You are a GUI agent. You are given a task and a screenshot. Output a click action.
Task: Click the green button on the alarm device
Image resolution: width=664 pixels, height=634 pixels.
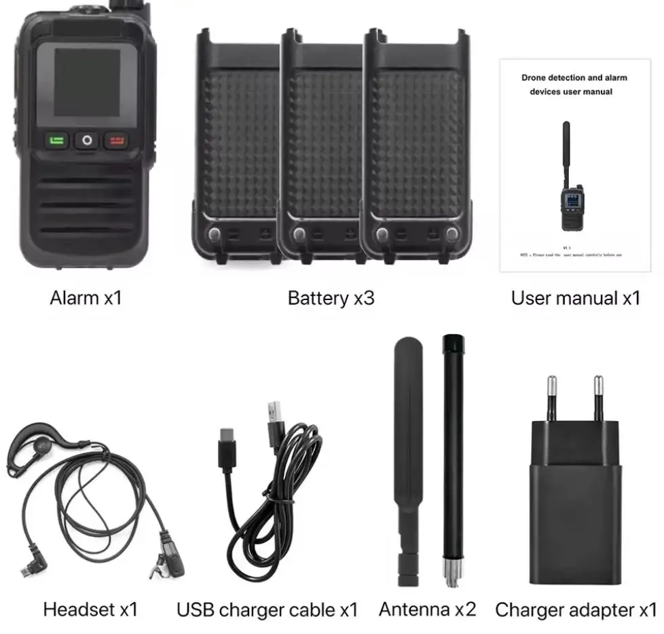pos(57,141)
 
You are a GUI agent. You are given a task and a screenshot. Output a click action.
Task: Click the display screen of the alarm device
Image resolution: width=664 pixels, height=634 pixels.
pos(86,82)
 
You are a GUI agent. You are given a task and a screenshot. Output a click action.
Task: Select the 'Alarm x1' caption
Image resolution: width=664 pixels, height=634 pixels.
pos(86,297)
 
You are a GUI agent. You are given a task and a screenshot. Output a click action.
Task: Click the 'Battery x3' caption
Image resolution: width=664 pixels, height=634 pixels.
pos(331,297)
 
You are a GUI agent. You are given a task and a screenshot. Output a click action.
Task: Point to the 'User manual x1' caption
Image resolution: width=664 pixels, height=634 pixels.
pos(575,297)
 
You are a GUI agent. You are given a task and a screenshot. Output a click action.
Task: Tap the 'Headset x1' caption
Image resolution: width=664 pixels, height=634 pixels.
pos(90,609)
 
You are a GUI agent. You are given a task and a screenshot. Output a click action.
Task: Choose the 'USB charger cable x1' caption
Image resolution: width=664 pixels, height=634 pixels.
pos(267,609)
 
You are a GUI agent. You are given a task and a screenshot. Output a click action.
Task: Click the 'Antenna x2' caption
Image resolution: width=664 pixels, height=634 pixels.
pos(427,609)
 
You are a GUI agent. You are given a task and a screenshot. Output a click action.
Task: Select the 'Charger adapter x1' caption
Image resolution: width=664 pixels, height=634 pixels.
pos(576,609)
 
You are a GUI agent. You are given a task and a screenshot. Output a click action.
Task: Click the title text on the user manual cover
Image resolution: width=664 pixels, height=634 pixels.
pos(574,84)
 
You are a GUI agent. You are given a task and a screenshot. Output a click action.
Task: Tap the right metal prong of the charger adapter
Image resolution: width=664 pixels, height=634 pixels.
pos(599,398)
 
